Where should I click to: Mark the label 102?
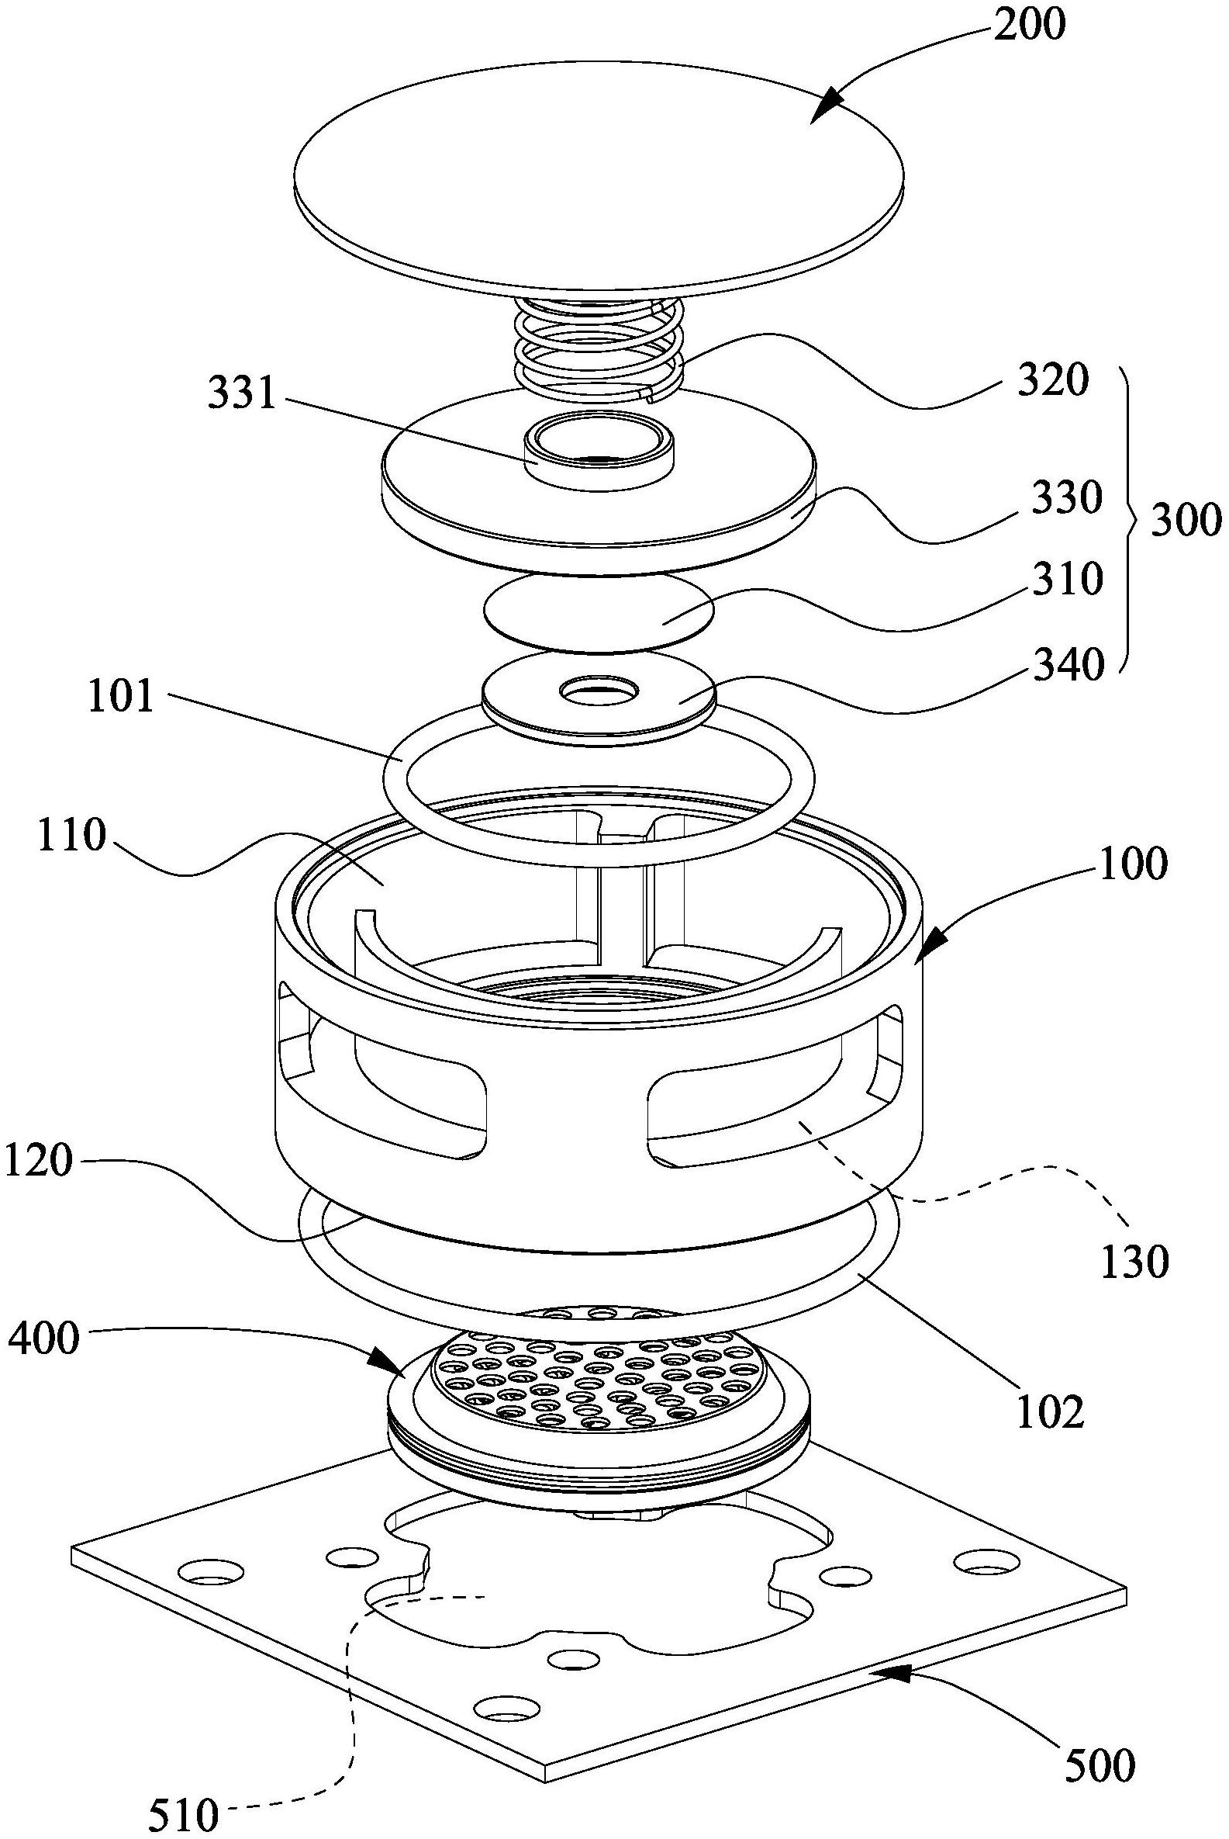coord(1050,1412)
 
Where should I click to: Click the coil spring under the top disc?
coord(599,345)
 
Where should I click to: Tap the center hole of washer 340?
coord(599,690)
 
